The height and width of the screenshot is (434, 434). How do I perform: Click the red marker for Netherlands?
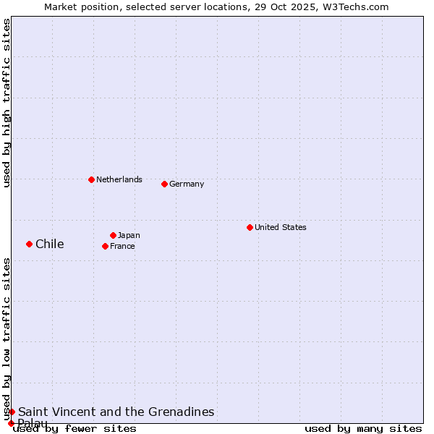(x=91, y=179)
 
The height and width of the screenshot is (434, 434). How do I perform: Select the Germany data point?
(x=164, y=184)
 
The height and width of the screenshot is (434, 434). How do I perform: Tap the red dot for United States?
(x=250, y=227)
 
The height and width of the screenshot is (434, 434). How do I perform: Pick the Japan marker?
(x=113, y=235)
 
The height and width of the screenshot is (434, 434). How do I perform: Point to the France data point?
(x=105, y=246)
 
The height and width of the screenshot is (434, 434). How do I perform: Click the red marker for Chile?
(x=29, y=244)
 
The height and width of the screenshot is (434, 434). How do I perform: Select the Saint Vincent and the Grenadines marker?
(x=12, y=412)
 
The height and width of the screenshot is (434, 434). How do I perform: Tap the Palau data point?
(x=11, y=423)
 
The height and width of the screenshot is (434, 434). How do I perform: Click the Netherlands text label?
(x=119, y=179)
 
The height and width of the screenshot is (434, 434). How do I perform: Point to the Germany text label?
(x=187, y=184)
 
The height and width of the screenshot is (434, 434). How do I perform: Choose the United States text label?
(x=281, y=227)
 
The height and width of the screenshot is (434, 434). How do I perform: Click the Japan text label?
(x=129, y=235)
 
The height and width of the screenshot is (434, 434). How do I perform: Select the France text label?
(x=122, y=246)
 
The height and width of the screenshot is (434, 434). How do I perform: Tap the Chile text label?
(x=50, y=244)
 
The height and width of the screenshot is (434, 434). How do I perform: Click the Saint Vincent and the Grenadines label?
(x=116, y=412)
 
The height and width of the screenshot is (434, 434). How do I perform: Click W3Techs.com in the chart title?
(x=357, y=7)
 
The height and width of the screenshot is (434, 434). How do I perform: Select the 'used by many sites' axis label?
(x=363, y=428)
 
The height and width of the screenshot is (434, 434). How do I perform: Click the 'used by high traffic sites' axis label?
(x=7, y=103)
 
